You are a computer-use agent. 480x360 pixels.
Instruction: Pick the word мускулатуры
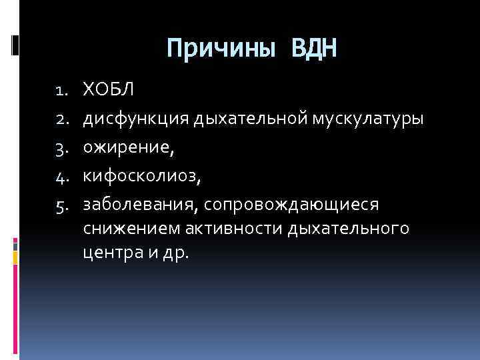(367, 118)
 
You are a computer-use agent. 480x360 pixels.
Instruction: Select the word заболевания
(138, 207)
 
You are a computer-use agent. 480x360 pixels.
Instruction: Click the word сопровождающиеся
(288, 207)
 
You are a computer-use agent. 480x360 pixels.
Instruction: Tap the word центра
(106, 253)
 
